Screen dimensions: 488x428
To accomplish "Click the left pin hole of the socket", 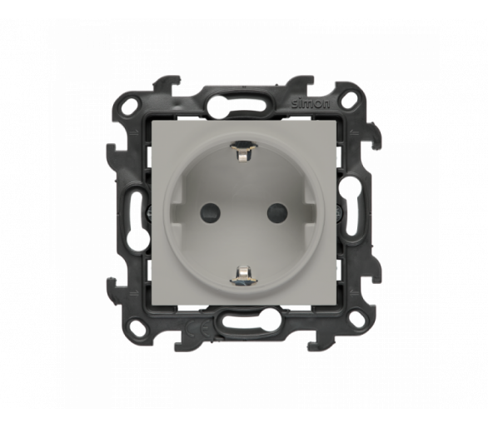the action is coord(210,212).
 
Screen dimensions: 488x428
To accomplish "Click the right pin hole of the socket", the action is coord(277,212).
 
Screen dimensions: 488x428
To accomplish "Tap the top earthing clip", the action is coord(242,152).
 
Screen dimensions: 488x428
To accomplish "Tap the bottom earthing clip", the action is coord(243,275).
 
